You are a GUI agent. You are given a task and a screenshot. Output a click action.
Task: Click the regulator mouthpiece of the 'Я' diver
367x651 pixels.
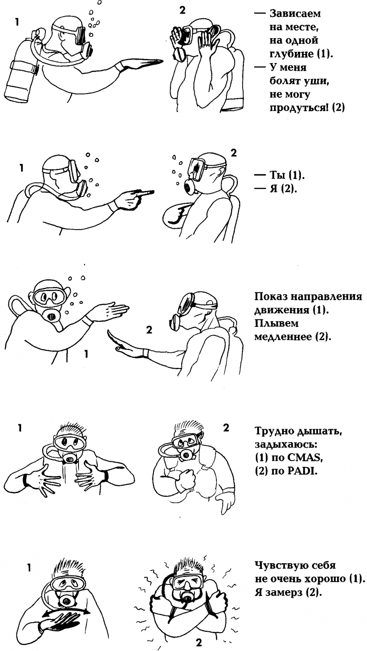[189, 186]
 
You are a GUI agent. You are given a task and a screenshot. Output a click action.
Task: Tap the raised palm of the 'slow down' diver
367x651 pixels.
[118, 346]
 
